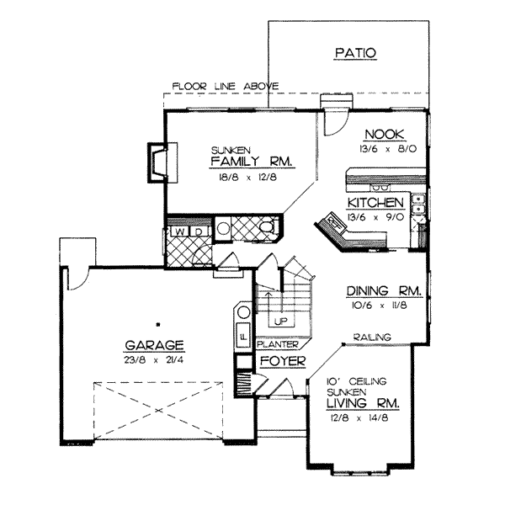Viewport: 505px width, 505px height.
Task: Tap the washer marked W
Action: tap(179, 231)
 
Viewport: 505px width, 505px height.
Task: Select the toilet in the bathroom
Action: tap(265, 228)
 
